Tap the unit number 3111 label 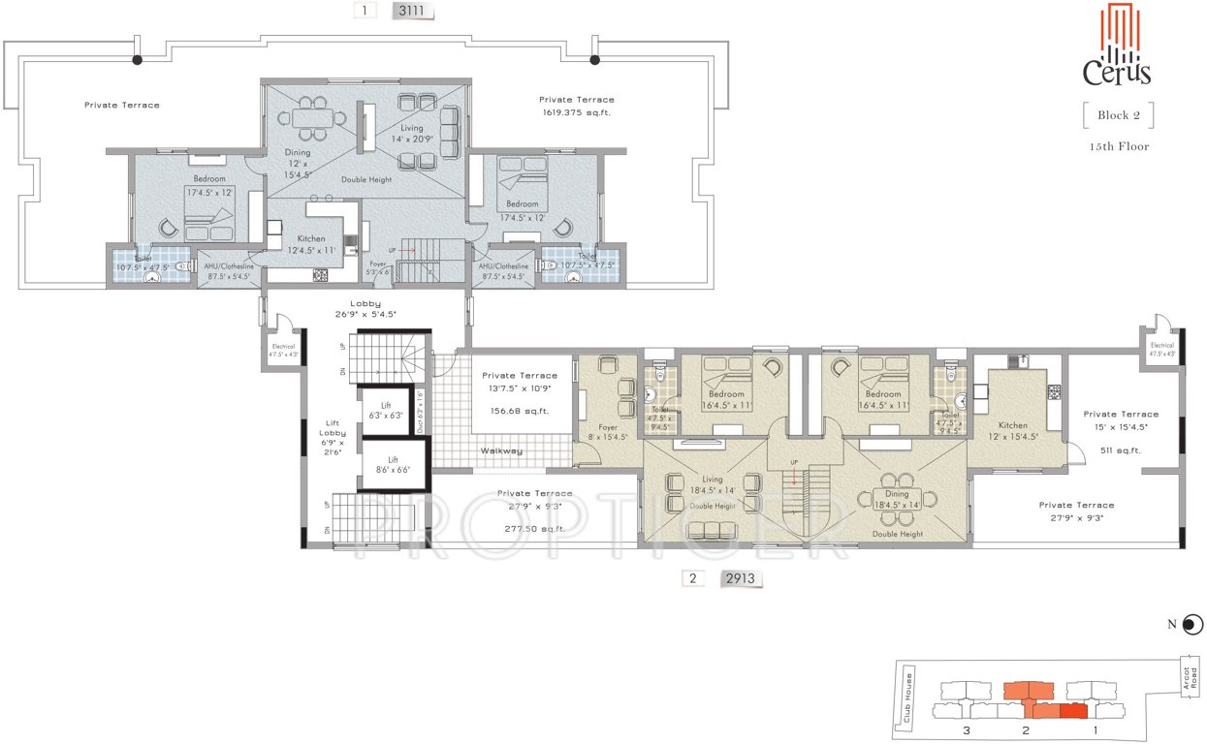point(411,12)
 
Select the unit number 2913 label point(741,579)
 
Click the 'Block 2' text point(1118,115)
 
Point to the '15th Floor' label point(1118,147)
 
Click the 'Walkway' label point(501,450)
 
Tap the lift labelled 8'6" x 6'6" point(393,465)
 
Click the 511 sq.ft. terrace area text point(1121,450)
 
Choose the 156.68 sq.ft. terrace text point(520,411)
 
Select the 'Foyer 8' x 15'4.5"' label point(607,430)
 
